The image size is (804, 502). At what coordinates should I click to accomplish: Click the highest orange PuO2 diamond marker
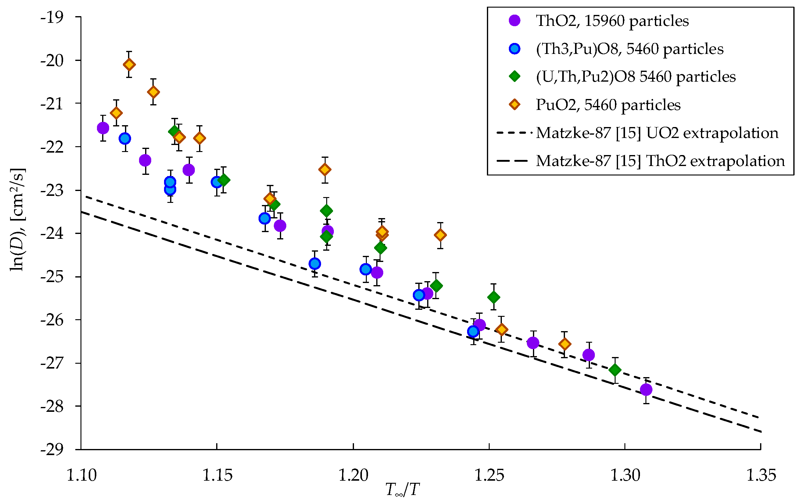point(129,64)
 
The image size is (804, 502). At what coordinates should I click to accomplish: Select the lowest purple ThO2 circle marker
point(646,390)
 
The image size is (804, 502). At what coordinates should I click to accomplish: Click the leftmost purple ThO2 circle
point(103,128)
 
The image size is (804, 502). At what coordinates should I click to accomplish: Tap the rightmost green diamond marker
point(615,369)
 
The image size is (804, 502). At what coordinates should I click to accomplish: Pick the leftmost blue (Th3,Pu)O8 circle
point(125,139)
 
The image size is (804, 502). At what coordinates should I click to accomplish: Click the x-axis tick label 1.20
point(353,475)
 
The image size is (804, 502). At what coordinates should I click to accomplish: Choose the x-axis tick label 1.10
point(81,475)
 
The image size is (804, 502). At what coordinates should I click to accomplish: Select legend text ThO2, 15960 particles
point(612,21)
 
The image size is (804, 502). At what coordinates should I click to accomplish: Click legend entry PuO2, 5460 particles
point(608,105)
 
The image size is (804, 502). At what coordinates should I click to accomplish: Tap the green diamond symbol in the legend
point(515,77)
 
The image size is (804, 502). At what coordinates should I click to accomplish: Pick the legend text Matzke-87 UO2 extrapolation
point(657,133)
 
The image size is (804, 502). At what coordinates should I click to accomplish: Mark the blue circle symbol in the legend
point(515,49)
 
